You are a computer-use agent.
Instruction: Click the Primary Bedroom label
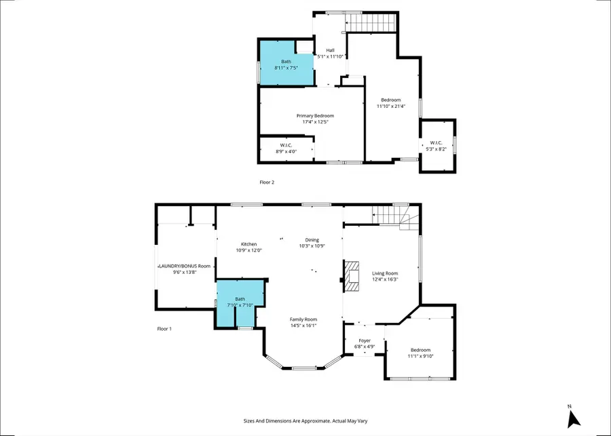315,116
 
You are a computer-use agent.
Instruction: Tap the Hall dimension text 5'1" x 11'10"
331,57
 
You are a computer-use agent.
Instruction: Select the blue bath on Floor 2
286,64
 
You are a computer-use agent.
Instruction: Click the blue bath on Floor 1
240,302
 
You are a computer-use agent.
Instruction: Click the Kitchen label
249,244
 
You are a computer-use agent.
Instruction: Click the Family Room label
303,319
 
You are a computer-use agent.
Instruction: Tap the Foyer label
365,341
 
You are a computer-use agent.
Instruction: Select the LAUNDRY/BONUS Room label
185,266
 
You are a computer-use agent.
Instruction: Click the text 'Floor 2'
267,182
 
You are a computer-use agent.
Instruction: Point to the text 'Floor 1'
164,329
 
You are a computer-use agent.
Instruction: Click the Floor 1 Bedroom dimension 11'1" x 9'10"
420,356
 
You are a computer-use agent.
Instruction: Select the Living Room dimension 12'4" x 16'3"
385,279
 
